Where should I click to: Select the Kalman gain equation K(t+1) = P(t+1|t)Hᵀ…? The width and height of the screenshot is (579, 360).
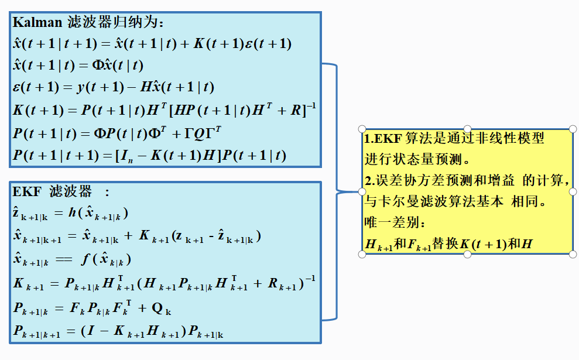tap(164, 109)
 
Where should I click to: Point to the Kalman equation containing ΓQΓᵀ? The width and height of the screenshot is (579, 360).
tap(117, 133)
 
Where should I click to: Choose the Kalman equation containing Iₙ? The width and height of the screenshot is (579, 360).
tap(150, 155)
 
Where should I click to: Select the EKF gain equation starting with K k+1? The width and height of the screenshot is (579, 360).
tap(164, 284)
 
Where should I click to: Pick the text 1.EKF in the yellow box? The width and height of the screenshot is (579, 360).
tap(380, 139)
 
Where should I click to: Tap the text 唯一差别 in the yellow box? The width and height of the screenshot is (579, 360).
tap(393, 222)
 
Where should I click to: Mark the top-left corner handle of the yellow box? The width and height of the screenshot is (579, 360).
tap(362, 129)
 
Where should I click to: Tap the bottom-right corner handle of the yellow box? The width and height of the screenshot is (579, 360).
tap(573, 254)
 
